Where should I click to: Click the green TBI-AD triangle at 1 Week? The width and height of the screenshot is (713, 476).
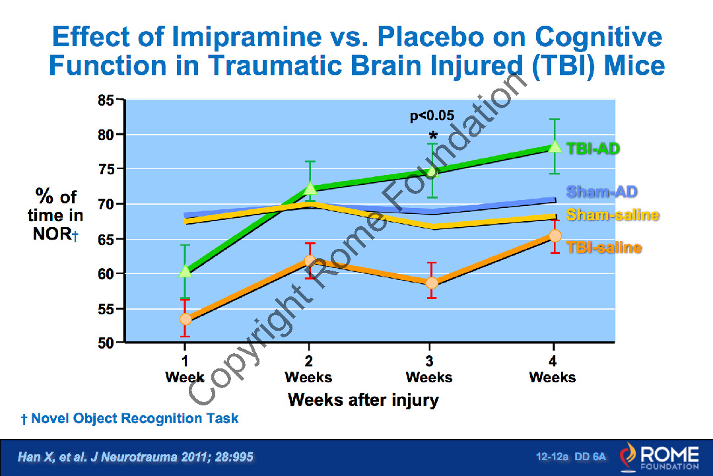coord(185,271)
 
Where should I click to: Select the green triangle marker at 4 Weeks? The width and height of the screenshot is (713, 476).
coord(555,146)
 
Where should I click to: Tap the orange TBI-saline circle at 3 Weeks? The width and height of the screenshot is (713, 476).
coord(432,283)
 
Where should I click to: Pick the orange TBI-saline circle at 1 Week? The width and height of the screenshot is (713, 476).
coord(186,319)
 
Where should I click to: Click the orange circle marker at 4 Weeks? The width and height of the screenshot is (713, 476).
coord(555,236)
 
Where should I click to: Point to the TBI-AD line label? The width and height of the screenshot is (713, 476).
coord(593,149)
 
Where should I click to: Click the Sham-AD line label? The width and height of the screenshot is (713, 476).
coord(601,192)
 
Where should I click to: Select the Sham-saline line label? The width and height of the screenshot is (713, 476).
coord(613,215)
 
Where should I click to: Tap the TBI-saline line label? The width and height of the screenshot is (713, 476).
coord(604,248)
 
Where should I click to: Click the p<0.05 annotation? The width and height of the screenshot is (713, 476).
coord(432,116)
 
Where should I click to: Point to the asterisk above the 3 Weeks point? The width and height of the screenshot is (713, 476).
coord(433,135)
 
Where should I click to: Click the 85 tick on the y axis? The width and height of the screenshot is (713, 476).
coord(106,100)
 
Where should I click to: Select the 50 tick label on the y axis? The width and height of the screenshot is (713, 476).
coord(106,343)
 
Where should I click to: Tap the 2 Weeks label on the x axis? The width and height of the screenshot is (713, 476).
coord(309,369)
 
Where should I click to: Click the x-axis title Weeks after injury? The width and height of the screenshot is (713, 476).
coord(363,400)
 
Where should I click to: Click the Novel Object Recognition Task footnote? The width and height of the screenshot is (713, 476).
coord(130,419)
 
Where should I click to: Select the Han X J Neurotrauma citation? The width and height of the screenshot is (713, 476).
coord(135,456)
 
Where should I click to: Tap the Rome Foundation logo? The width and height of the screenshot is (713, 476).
coord(660,456)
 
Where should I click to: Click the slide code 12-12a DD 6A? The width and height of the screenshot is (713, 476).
coord(571,456)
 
